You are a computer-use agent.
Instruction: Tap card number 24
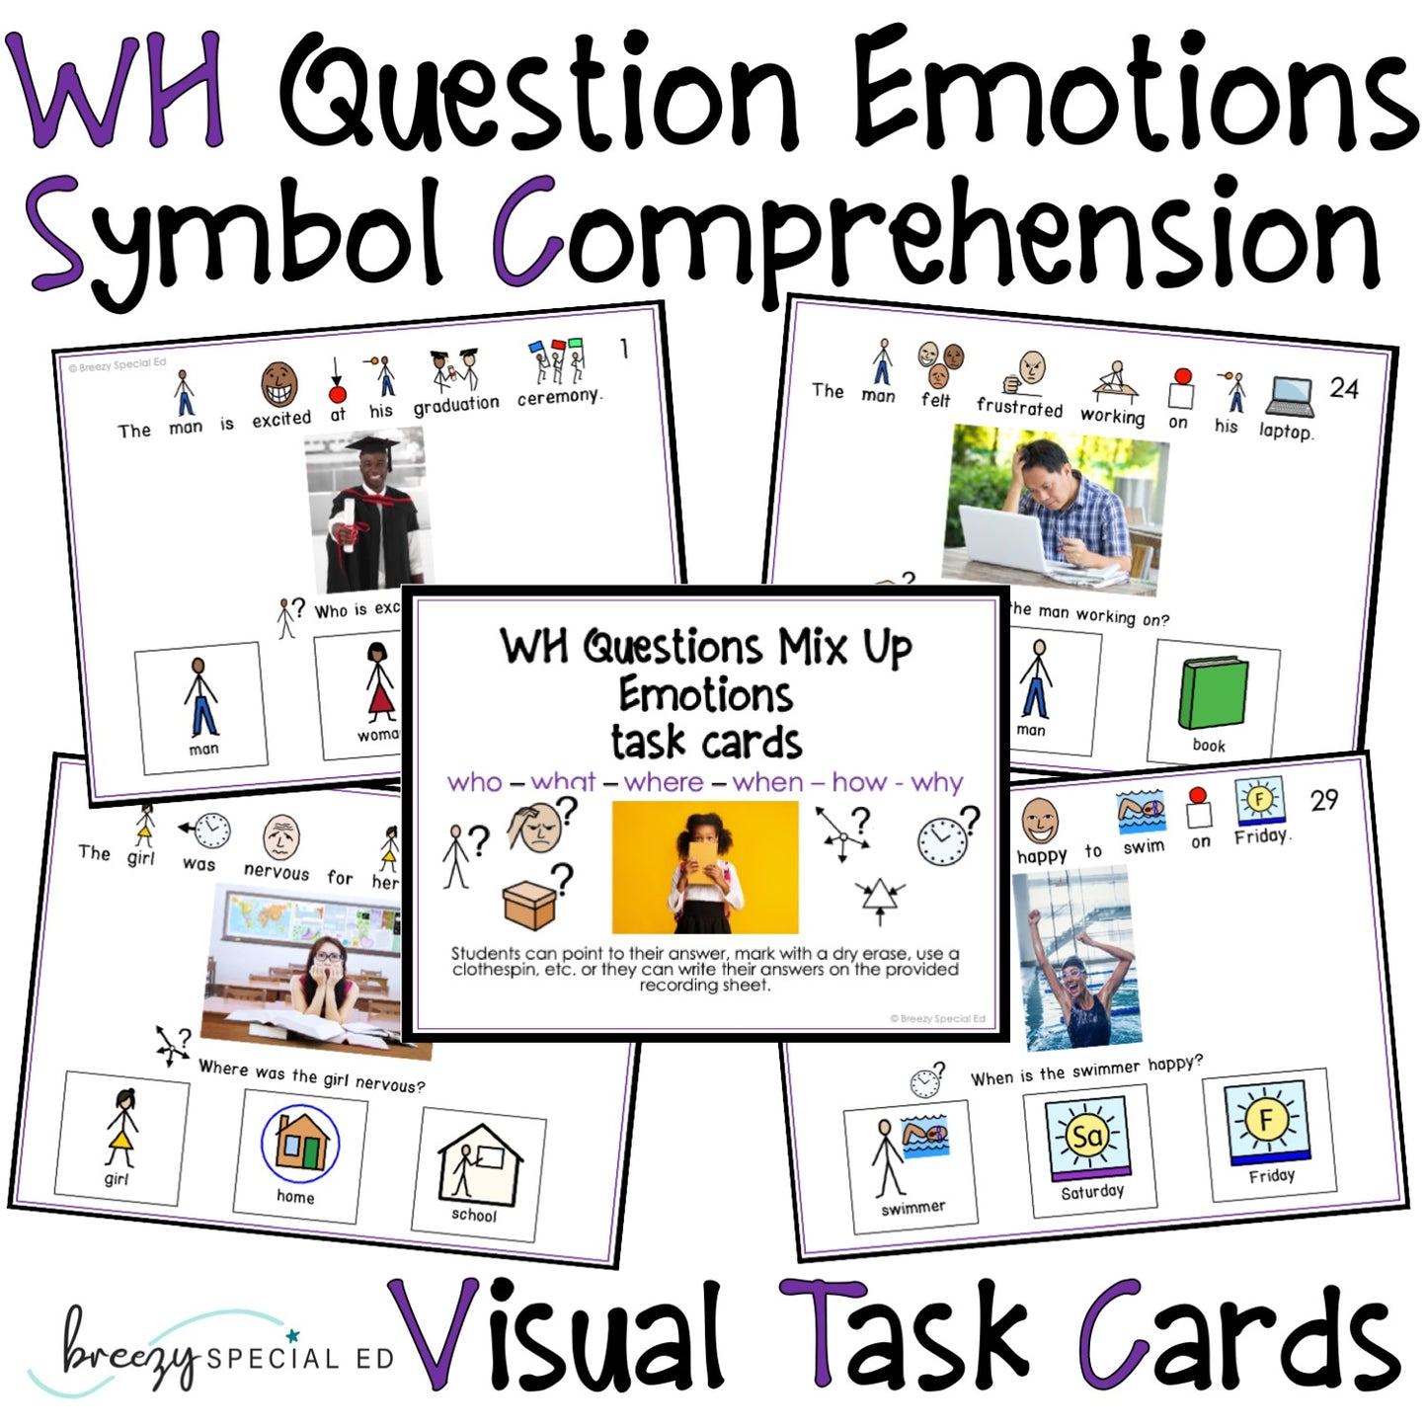(x=1343, y=388)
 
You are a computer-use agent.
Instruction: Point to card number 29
(x=1324, y=800)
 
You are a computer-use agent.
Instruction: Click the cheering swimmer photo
(x=1075, y=958)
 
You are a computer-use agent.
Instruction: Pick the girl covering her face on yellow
(x=705, y=866)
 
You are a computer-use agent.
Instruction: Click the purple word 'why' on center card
(x=936, y=783)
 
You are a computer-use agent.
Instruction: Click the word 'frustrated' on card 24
(x=1019, y=407)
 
